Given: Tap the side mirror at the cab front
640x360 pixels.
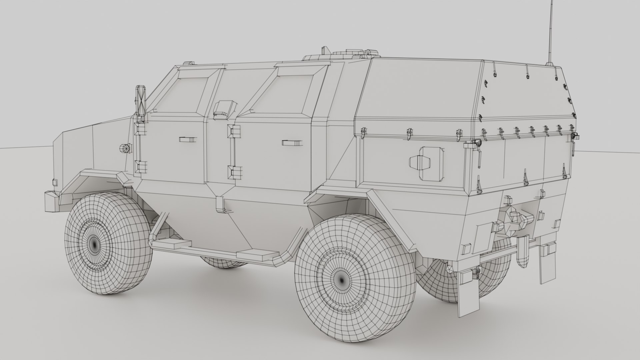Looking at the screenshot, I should coord(140,100).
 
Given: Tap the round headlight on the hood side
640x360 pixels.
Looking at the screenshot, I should coord(125,148).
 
